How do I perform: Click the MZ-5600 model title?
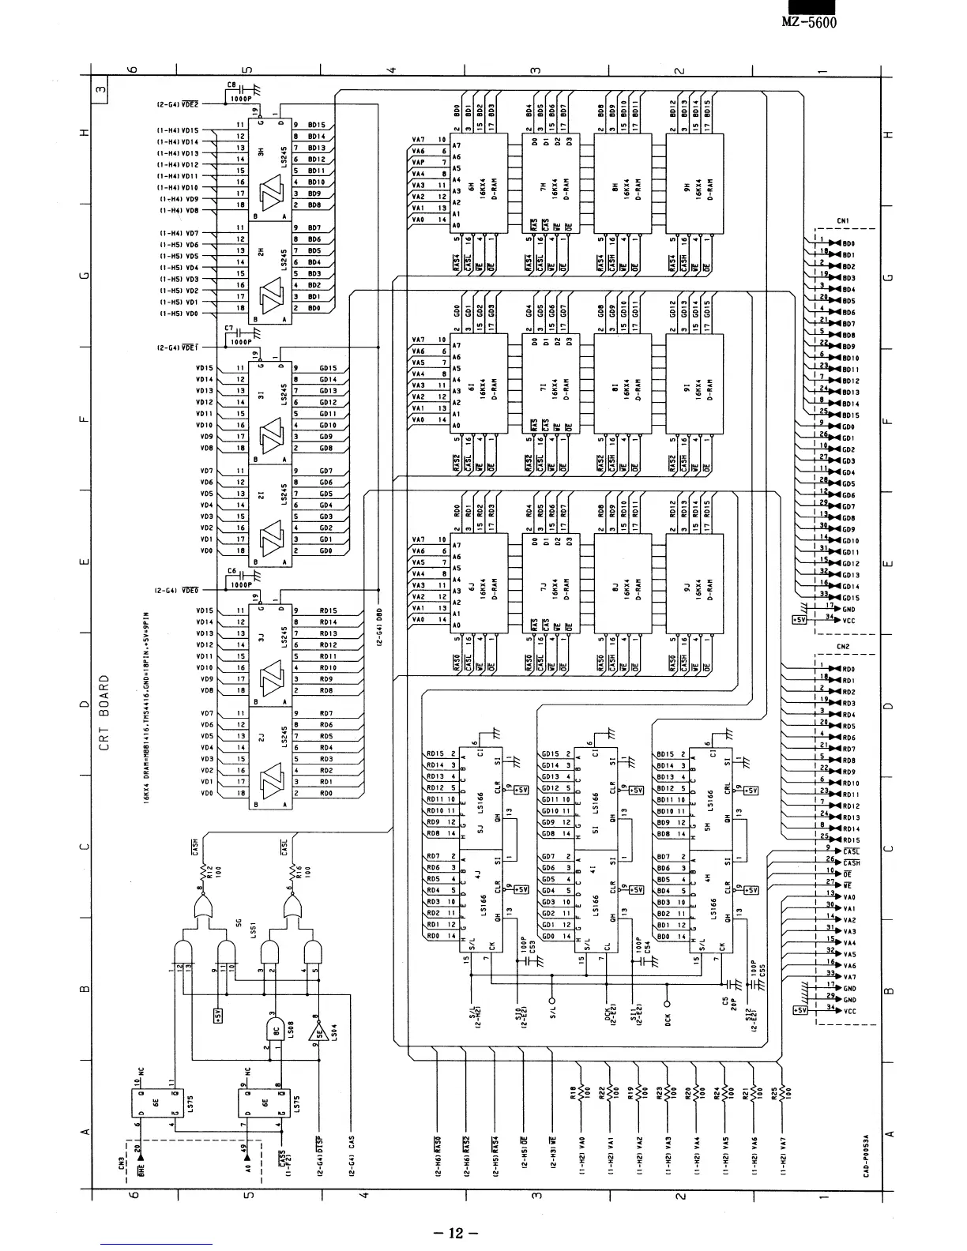click(808, 21)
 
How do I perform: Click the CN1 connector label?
click(842, 222)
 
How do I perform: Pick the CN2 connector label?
click(842, 647)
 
